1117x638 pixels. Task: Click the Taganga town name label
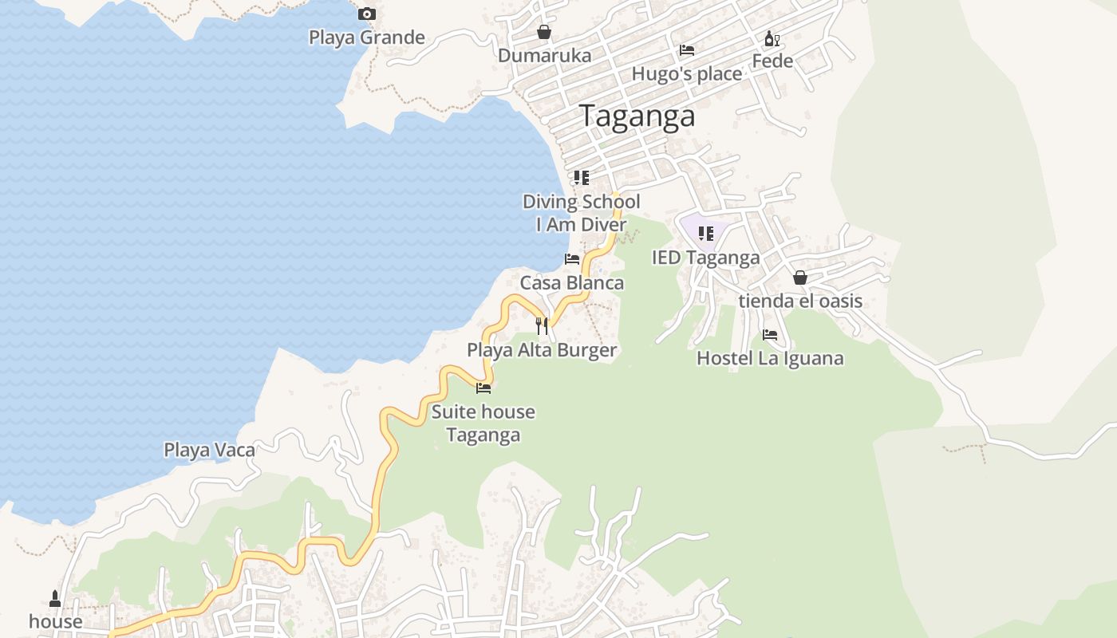637,116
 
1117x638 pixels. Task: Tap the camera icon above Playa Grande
366,14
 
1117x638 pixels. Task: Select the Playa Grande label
366,37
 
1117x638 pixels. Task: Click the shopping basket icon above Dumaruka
543,32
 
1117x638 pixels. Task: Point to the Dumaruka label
544,56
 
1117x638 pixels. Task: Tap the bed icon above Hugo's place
686,50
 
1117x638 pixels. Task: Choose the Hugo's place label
686,74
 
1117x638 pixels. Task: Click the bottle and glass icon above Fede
772,38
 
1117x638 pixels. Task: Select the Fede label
772,61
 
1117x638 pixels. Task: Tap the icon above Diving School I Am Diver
581,178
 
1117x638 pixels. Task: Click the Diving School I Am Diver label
581,213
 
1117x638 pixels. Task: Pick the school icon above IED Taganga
705,234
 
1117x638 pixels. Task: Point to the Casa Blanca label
571,283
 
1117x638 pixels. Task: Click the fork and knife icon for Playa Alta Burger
542,325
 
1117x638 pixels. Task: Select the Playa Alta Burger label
542,350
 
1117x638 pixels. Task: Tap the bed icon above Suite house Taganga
483,388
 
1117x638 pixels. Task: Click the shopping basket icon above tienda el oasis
799,278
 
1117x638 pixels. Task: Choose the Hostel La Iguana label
770,359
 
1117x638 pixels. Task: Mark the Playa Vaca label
209,451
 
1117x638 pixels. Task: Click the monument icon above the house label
55,598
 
